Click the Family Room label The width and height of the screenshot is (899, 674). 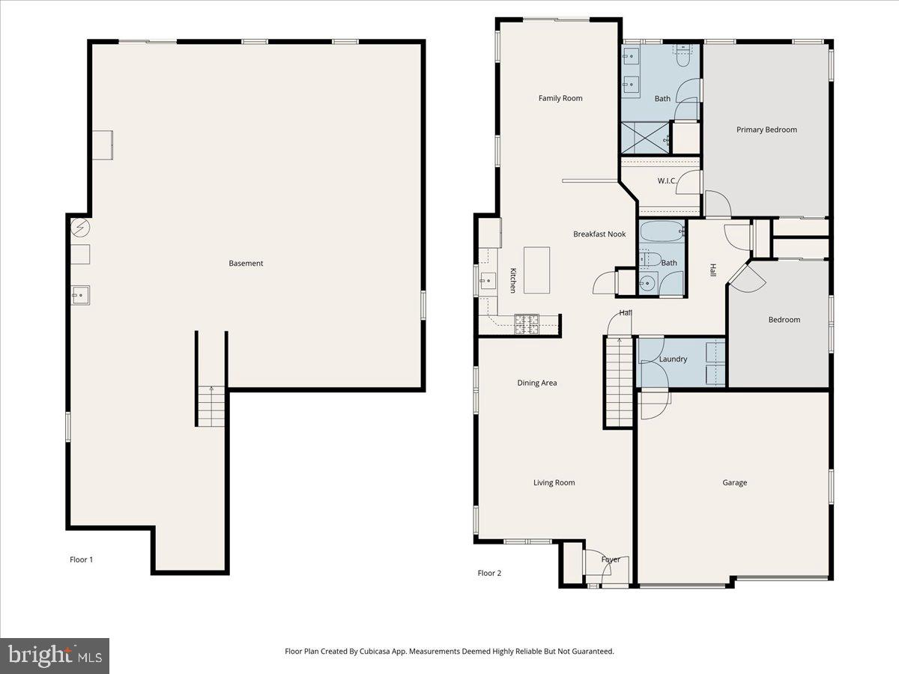pos(560,98)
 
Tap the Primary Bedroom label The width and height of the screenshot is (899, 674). pos(766,130)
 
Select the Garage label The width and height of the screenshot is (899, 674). pos(734,483)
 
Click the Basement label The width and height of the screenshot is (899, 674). pos(246,264)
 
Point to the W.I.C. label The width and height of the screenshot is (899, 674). pos(668,180)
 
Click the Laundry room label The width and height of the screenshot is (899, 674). pos(673,359)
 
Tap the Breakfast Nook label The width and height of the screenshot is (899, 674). pos(599,234)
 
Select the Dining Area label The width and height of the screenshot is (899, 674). pos(537,383)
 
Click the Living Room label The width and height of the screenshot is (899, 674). pos(554,483)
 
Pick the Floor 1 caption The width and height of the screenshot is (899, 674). pos(81,559)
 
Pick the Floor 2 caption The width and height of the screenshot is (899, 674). pos(489,574)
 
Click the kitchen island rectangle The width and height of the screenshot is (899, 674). pos(536,270)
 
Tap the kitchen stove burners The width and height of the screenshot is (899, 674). pos(527,324)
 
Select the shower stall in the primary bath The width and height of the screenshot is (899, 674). pos(645,139)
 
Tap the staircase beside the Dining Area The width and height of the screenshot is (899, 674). pos(620,382)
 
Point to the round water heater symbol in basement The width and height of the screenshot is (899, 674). pos(79,228)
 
